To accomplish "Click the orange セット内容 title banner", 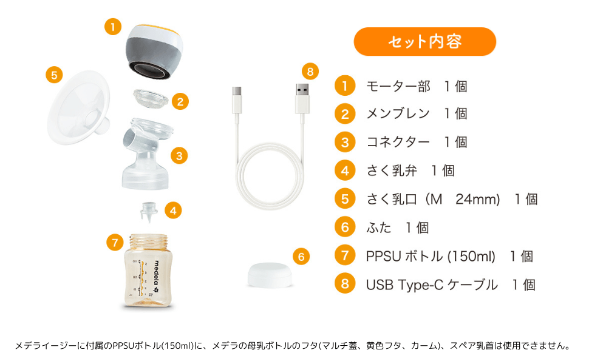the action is (x=425, y=41).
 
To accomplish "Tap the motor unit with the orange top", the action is (x=154, y=52).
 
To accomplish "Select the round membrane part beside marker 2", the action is (x=151, y=98).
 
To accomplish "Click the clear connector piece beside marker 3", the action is (x=147, y=154).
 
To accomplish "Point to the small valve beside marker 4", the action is (x=149, y=212).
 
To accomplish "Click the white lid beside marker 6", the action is (x=270, y=275).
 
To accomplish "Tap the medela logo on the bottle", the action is (x=157, y=277).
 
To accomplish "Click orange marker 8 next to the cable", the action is (x=310, y=72).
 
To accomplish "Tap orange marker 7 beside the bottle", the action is (x=115, y=243).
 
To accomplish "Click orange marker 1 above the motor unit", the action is (x=113, y=27).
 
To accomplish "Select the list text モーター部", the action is (x=398, y=87).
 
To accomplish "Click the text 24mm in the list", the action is (x=478, y=199).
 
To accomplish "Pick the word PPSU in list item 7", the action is (x=384, y=256).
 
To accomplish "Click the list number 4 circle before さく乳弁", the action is (x=345, y=170).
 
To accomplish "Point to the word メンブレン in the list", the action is (x=398, y=113).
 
